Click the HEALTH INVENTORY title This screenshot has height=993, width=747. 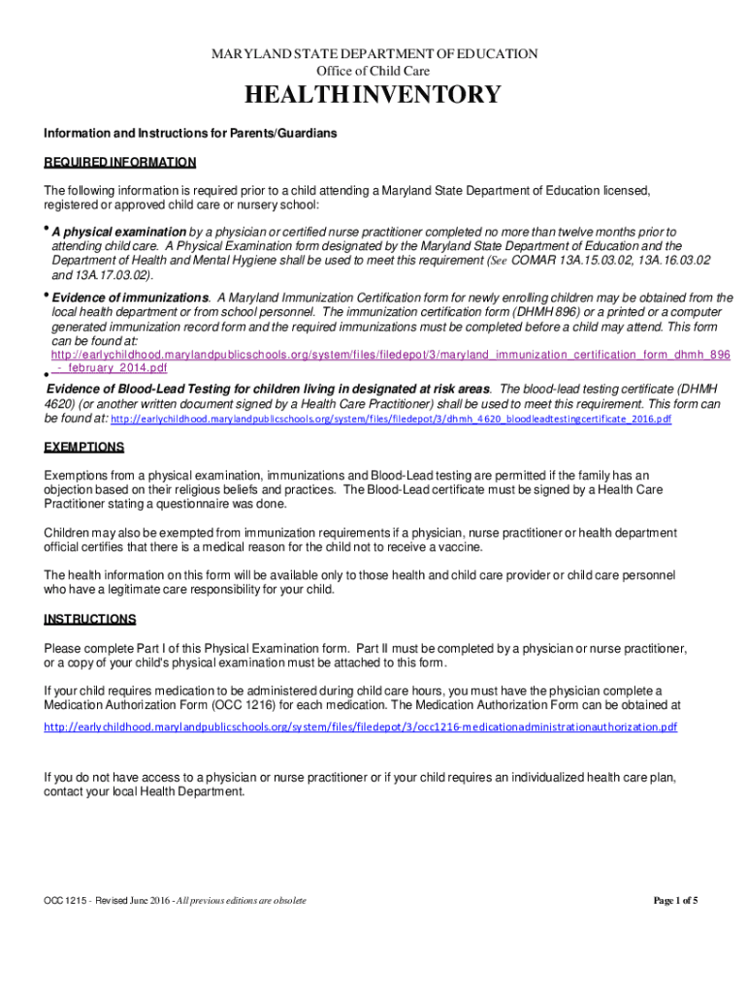click(x=373, y=95)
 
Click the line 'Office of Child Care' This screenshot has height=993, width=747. click(x=373, y=71)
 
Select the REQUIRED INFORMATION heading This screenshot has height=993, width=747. click(x=120, y=162)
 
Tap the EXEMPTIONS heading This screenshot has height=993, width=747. click(x=84, y=447)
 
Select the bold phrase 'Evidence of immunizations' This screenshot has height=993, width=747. click(x=130, y=298)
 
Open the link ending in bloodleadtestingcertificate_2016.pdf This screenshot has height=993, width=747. click(x=392, y=419)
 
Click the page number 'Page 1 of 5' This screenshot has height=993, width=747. click(x=676, y=901)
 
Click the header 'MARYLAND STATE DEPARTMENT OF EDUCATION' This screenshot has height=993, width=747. click(x=374, y=53)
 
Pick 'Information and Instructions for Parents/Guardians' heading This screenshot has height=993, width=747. click(x=190, y=133)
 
